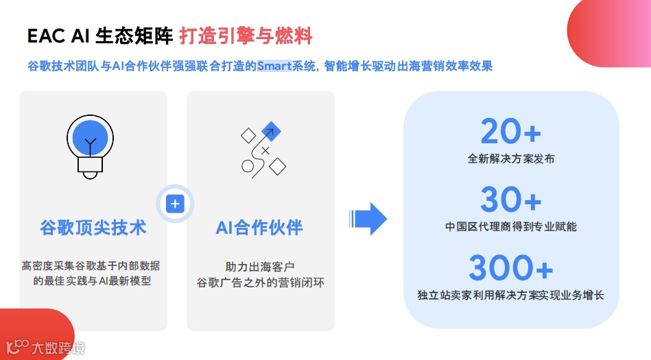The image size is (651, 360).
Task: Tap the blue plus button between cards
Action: [175, 204]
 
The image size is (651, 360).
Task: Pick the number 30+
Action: [511, 200]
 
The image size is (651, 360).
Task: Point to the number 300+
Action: [511, 268]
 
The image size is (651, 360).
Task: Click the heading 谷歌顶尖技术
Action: [93, 228]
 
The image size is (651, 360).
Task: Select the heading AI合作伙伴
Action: [259, 228]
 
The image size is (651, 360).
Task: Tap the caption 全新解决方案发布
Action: [511, 158]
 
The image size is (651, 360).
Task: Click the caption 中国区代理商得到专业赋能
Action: [511, 226]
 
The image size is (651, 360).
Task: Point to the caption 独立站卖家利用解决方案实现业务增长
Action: [511, 295]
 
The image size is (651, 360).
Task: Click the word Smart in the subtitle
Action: [274, 67]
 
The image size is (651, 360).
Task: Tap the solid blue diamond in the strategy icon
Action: [272, 131]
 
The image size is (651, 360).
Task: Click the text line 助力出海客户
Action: [260, 265]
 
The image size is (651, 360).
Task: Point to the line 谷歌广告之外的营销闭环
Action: [260, 281]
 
